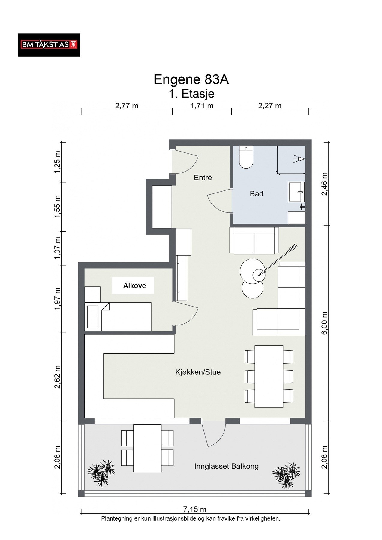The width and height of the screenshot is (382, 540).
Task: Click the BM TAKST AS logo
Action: (49, 45)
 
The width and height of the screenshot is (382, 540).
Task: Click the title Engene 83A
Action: (191, 79)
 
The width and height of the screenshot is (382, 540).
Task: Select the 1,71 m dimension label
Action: (202, 106)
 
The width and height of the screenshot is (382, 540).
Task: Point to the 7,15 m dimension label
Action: (195, 509)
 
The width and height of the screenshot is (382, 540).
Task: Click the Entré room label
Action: (203, 178)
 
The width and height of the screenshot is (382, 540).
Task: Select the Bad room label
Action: (257, 194)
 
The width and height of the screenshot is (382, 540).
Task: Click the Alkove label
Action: (134, 286)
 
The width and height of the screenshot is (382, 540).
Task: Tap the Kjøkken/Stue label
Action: (198, 372)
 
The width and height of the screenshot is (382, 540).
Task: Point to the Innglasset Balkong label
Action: (226, 466)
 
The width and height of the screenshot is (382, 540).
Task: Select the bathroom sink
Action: (296, 191)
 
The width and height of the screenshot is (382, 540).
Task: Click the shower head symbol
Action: (299, 158)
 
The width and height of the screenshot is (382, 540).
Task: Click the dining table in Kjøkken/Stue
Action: (269, 376)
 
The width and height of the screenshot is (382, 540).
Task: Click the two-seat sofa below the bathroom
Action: (254, 241)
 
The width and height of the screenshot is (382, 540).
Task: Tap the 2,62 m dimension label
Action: (58, 377)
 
